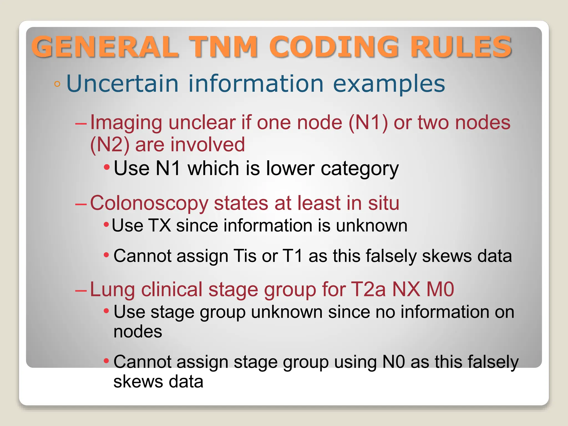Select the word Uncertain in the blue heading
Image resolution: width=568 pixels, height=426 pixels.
(122, 83)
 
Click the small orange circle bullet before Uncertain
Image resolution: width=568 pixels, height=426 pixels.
(57, 84)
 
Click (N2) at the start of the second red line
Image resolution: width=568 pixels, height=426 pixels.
(110, 144)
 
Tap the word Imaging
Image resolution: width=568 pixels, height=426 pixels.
(126, 122)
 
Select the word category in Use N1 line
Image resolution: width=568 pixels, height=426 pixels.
(359, 168)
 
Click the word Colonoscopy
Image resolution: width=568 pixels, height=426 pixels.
(149, 203)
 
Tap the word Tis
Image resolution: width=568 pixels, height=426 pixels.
(245, 255)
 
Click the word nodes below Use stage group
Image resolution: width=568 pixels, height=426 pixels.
(138, 331)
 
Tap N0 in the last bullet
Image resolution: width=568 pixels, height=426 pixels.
(394, 362)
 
